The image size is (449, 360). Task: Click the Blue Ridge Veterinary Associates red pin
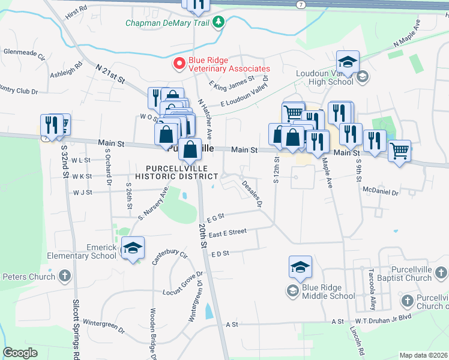(x=179, y=63)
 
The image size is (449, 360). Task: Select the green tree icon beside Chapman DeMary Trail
(x=220, y=23)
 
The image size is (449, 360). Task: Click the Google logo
(x=20, y=352)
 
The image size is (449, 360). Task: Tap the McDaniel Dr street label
(x=381, y=193)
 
